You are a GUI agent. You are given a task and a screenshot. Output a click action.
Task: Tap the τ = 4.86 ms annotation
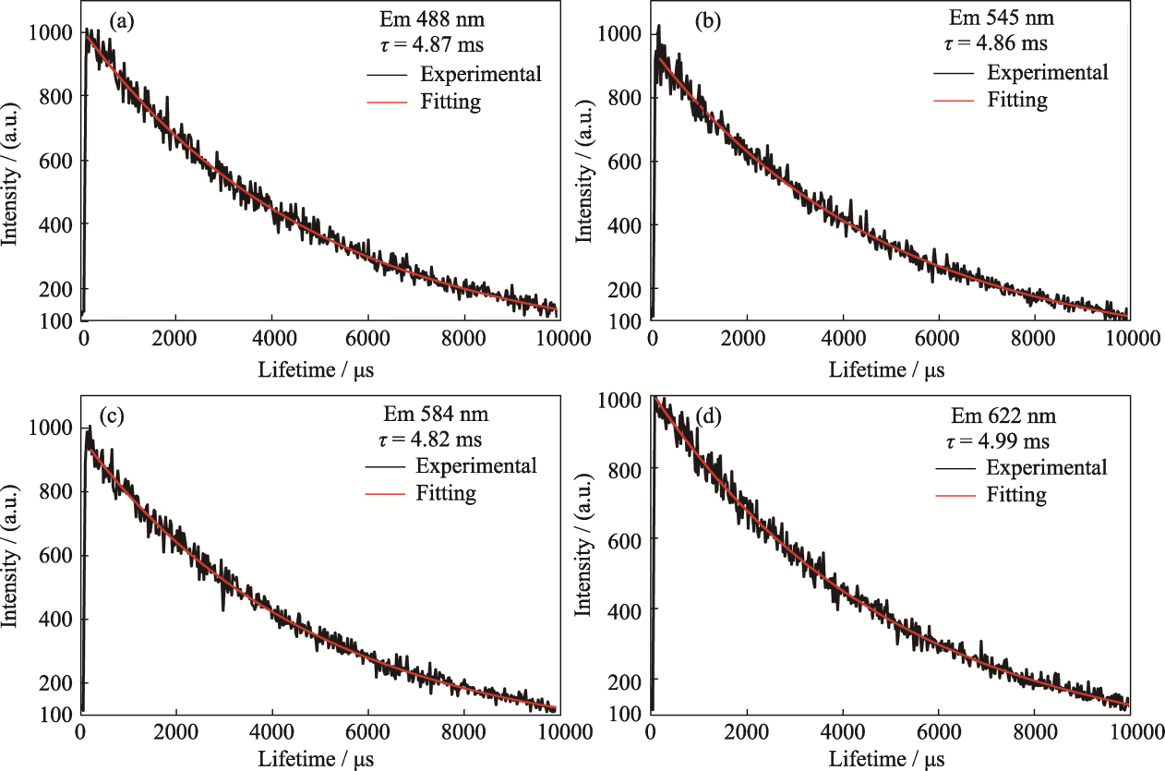1002,43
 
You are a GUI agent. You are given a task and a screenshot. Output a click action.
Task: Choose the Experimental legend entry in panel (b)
1047,72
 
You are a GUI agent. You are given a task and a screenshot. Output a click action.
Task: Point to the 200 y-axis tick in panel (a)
56,288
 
